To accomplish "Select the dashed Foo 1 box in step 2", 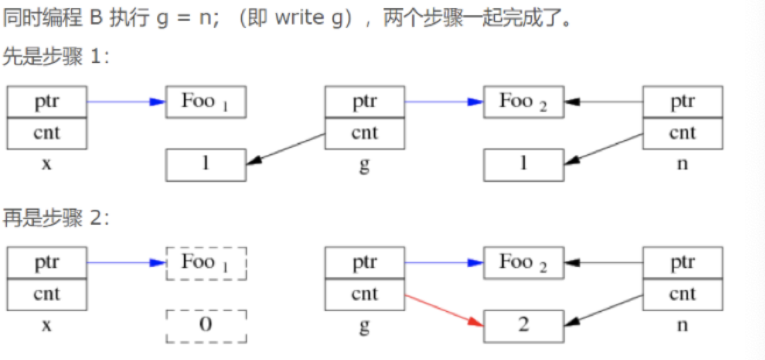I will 206,263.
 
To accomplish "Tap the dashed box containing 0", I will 206,325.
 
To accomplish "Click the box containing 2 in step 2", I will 523,325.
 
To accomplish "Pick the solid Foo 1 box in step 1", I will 206,102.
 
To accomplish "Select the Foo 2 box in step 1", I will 523,102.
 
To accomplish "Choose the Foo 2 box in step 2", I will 523,263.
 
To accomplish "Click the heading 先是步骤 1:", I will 56,58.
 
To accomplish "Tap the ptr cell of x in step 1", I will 47,102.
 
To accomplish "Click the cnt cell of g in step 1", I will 364,133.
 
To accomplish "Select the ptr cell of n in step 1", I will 682,102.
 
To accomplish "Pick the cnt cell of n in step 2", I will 682,294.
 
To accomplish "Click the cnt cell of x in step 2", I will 47,294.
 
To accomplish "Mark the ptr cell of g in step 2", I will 364,263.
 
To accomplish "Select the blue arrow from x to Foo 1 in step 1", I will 126,102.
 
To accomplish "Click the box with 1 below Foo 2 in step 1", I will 523,164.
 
